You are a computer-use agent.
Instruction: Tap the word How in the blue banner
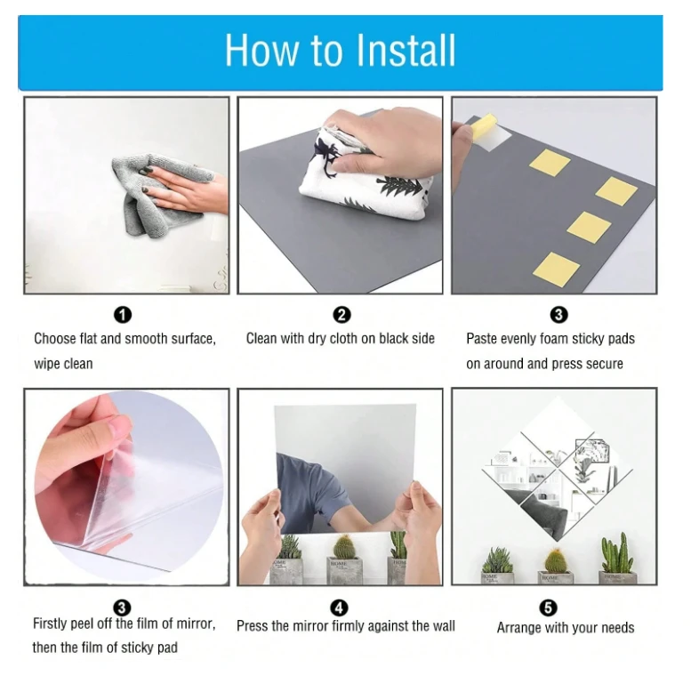click(261, 50)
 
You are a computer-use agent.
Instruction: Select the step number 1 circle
click(123, 315)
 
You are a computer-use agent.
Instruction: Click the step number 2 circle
click(341, 315)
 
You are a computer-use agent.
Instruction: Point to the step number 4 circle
click(339, 608)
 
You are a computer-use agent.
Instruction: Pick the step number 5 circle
click(548, 608)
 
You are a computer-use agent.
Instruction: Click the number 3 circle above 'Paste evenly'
click(558, 315)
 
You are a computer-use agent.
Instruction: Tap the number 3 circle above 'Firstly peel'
click(122, 608)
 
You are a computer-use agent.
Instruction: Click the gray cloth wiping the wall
click(158, 194)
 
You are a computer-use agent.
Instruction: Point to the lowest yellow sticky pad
click(557, 270)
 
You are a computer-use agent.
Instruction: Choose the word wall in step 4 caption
click(443, 626)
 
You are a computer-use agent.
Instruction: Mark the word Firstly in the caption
click(51, 624)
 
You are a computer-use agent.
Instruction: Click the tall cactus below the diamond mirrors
click(617, 552)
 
